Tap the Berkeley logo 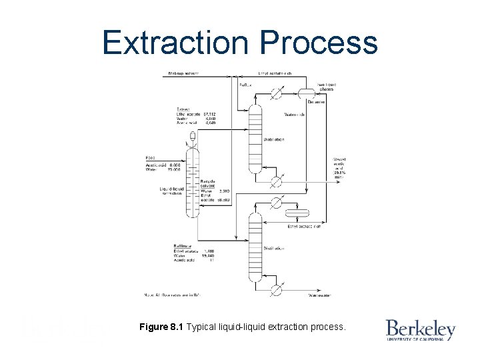click(420, 330)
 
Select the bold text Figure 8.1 click(162, 327)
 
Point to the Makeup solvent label click(183, 73)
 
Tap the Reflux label click(246, 85)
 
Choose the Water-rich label click(295, 114)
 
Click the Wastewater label click(319, 294)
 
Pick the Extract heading click(183, 109)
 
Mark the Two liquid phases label click(327, 87)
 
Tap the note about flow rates click(172, 294)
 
